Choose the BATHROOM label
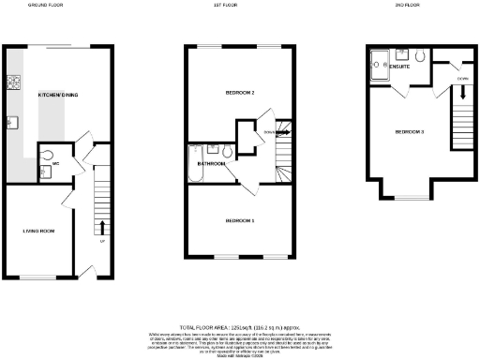(210, 163)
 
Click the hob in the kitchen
(13, 82)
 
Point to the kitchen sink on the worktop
(12, 122)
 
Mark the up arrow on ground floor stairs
(101, 228)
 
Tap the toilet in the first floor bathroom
(228, 150)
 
